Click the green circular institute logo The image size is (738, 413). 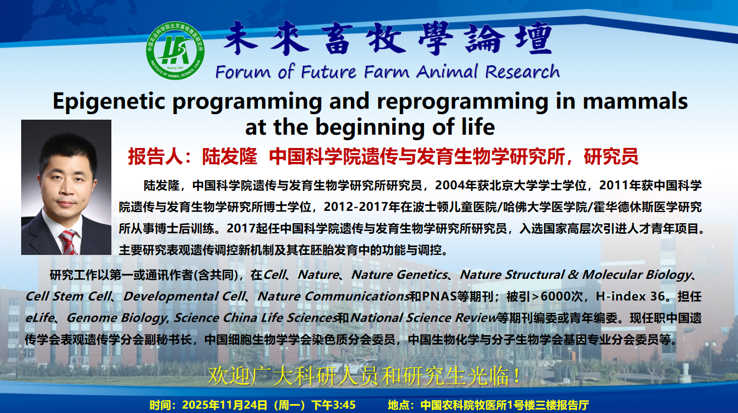click(x=175, y=51)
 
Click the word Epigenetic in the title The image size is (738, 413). click(x=109, y=101)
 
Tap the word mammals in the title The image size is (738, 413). click(x=635, y=101)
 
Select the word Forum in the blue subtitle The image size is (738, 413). click(x=243, y=72)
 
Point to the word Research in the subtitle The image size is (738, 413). click(x=522, y=72)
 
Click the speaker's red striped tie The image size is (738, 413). click(x=69, y=242)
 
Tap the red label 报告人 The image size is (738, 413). click(x=155, y=156)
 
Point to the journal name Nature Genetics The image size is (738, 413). click(x=399, y=274)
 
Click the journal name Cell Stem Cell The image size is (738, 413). click(x=68, y=296)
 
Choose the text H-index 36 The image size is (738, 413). click(x=630, y=296)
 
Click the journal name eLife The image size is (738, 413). click(x=40, y=318)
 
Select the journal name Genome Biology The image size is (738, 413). click(x=116, y=318)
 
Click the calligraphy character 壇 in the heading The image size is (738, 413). click(x=535, y=38)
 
